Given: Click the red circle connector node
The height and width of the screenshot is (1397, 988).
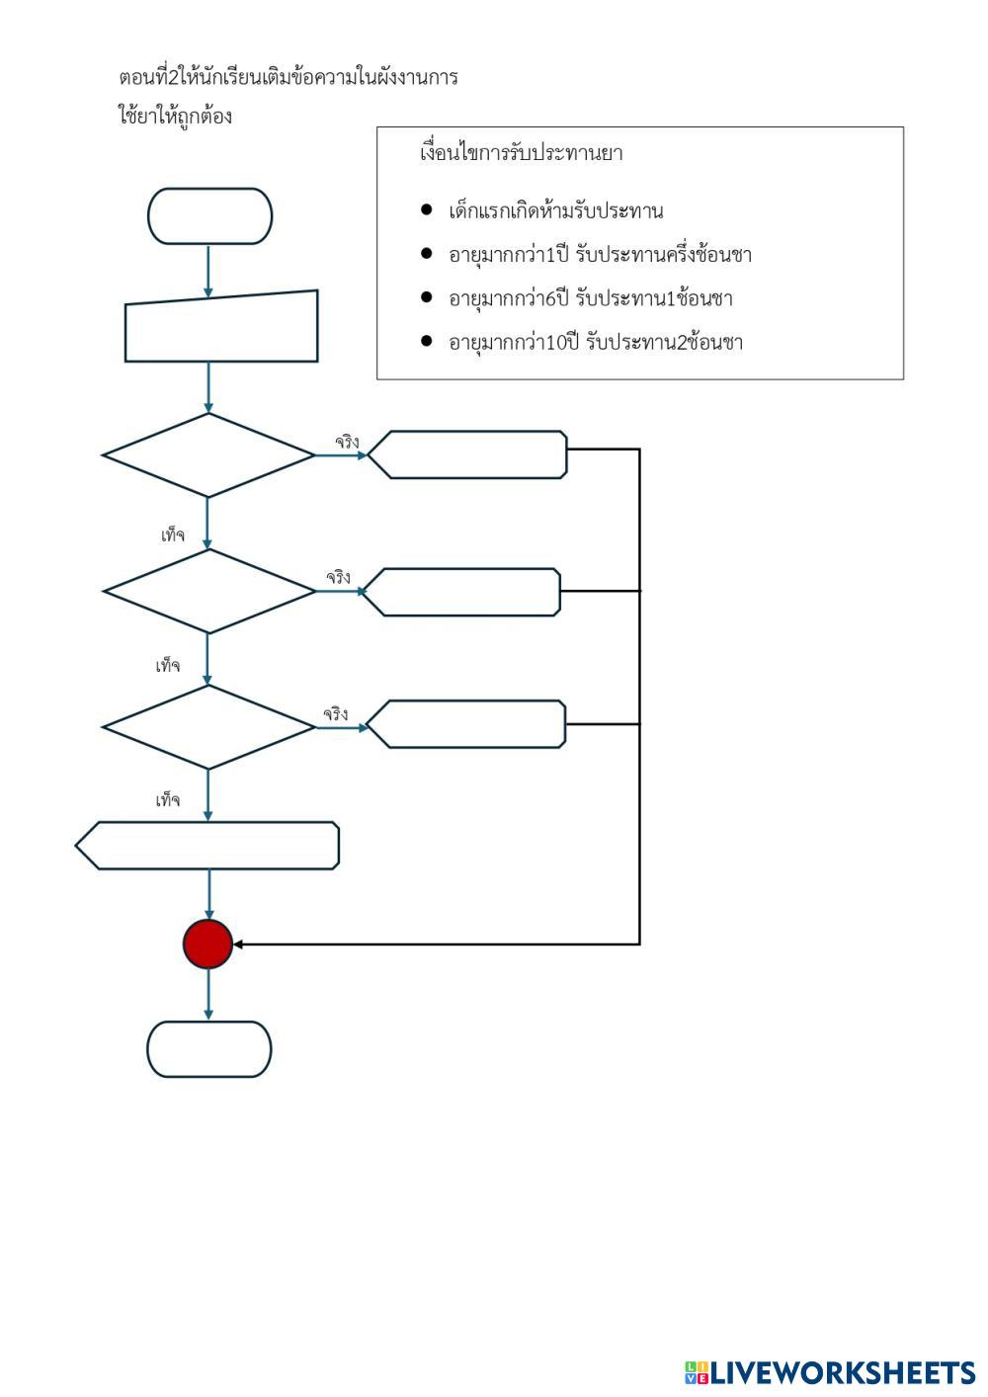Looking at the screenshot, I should [x=207, y=945].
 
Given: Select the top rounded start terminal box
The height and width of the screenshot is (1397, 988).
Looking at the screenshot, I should [x=209, y=216].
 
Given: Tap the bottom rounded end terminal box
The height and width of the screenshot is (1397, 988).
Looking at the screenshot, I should [x=209, y=1049].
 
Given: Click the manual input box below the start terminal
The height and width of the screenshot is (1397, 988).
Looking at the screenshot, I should [x=221, y=327].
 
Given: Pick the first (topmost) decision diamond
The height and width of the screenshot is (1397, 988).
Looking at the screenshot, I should [x=208, y=455].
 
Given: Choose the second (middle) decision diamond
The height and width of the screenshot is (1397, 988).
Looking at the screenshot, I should [x=208, y=591].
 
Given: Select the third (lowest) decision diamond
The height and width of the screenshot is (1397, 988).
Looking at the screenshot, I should [x=208, y=727].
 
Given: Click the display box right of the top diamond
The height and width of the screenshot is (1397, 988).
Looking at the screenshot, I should [x=467, y=455].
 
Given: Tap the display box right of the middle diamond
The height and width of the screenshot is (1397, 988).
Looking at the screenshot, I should [x=460, y=592].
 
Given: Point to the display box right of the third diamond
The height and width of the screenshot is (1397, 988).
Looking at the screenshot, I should [x=466, y=724].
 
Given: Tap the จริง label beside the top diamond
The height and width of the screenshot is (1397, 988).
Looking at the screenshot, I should [x=347, y=442].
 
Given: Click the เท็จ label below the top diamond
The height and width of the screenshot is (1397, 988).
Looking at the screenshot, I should [x=172, y=535].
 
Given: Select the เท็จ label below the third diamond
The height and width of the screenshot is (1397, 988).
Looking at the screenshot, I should [x=167, y=800].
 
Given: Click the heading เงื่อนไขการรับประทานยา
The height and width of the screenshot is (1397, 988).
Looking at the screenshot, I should [x=521, y=154].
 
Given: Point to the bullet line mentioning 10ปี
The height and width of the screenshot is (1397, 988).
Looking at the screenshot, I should [x=595, y=343].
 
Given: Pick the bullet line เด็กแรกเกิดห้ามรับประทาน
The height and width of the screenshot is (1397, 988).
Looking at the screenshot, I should [x=555, y=211].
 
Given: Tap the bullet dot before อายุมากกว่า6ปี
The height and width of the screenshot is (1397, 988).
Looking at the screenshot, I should [x=427, y=297].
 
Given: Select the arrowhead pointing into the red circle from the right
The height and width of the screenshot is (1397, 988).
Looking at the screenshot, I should [x=238, y=945].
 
